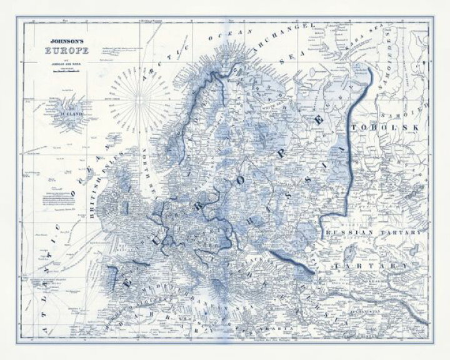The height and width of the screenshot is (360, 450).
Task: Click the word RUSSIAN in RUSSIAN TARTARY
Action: click(348, 232)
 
